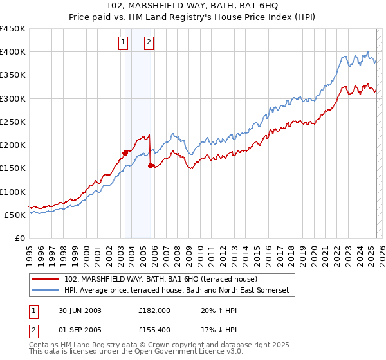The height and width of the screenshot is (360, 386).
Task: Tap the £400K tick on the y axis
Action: [x=12, y=52]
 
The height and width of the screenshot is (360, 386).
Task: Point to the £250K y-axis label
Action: [x=12, y=122]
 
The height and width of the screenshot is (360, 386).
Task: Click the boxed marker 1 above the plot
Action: [x=123, y=43]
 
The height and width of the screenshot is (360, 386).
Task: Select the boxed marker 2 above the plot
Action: [x=149, y=43]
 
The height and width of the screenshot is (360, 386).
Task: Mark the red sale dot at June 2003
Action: [x=125, y=153]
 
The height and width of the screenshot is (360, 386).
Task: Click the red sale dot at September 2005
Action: [x=151, y=165]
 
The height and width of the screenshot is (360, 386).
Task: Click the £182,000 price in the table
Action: [x=154, y=310]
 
